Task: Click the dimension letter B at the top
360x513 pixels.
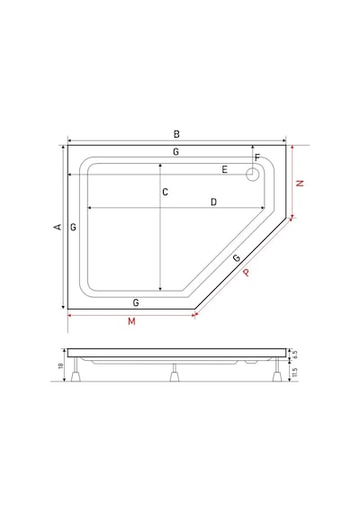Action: [x=176, y=134]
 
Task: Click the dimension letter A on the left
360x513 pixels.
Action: [x=58, y=227]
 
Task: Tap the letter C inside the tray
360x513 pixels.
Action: [x=166, y=192]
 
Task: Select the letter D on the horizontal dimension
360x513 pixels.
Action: [x=213, y=202]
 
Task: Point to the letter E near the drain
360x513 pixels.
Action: [x=224, y=169]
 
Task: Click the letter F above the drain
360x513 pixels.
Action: [x=257, y=157]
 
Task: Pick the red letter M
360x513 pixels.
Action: [x=131, y=321]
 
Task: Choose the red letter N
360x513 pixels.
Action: [x=300, y=184]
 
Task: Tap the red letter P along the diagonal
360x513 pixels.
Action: [x=246, y=272]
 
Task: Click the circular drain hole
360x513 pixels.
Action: [x=252, y=175]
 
